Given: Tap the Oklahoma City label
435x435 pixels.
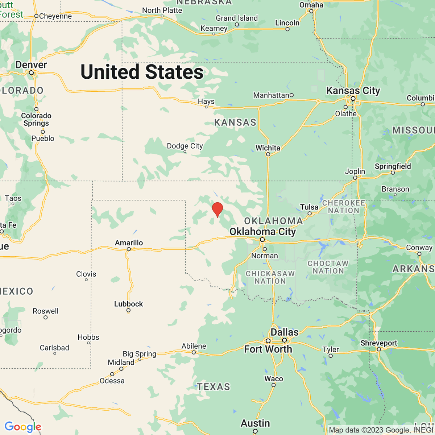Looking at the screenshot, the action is (x=262, y=231).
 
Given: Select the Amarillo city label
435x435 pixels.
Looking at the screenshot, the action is (x=129, y=243).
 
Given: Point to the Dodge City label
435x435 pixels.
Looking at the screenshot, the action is (x=185, y=146).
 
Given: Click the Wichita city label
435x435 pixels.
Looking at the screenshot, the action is (x=268, y=148).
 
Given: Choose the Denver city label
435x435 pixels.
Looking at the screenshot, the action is (x=31, y=65).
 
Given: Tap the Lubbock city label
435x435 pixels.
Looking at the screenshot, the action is (x=128, y=304).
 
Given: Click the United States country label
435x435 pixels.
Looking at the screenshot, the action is (x=142, y=72).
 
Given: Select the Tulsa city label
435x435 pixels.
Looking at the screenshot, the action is (x=309, y=207).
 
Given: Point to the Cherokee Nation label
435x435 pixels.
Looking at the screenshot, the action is (x=344, y=207).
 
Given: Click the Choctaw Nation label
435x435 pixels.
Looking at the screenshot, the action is (x=328, y=267).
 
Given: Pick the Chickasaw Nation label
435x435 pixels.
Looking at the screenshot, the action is (x=270, y=277).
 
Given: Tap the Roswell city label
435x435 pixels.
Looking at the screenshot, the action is (x=45, y=311).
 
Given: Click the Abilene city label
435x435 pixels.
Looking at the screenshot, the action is (x=194, y=346).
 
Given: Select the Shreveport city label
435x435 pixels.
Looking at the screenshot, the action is (x=379, y=343).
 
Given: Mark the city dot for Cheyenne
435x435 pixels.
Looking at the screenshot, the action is (x=36, y=16).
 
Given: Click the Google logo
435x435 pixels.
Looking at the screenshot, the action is (x=23, y=427).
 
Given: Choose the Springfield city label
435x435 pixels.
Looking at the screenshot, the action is (x=393, y=166).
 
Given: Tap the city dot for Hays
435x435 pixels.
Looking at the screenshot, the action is (x=206, y=107).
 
